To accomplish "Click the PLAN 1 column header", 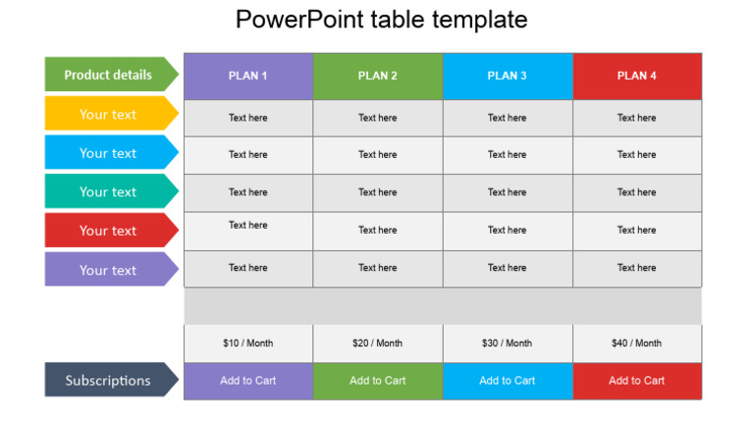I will coord(248,76).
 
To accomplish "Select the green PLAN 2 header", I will coord(378,76).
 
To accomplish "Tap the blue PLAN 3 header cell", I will coord(508,76).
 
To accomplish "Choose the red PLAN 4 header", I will coord(637,76).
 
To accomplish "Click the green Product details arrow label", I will coord(109,75).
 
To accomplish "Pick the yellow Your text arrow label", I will coord(109,114).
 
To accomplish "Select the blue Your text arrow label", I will coord(109,153).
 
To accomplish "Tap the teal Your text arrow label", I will coord(109,191).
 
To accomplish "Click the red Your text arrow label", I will coord(109,231).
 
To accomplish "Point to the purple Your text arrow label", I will coord(109,270).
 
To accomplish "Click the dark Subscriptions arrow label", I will coord(109,380).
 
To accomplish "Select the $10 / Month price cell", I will coord(248,344).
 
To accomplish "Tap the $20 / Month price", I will coord(378,344).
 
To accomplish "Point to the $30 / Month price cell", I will coord(508,344).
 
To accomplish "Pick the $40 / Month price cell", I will coord(637,344).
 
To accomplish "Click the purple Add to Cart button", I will coord(248,381).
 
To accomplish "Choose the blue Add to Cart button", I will coord(508,381).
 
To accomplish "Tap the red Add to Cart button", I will coord(637,381).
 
